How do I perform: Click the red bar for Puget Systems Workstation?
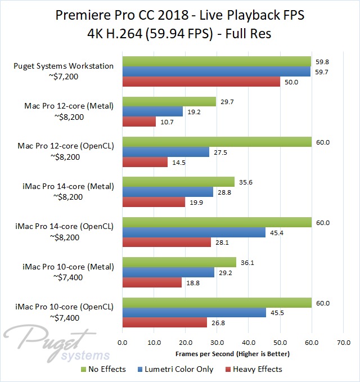click(201, 82)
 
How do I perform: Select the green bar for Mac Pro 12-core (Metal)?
click(169, 101)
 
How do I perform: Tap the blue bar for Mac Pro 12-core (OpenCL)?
click(165, 152)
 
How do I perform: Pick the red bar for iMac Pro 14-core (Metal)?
click(154, 203)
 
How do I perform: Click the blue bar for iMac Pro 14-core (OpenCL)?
click(193, 232)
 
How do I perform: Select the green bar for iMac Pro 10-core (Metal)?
click(179, 262)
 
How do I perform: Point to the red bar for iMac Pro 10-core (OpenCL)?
click(164, 323)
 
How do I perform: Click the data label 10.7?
click(167, 122)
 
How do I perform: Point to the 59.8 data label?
click(322, 61)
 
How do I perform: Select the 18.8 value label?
click(192, 283)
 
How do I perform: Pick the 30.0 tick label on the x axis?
click(217, 342)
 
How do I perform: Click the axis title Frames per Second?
click(232, 354)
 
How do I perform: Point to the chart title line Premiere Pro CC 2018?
click(180, 15)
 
